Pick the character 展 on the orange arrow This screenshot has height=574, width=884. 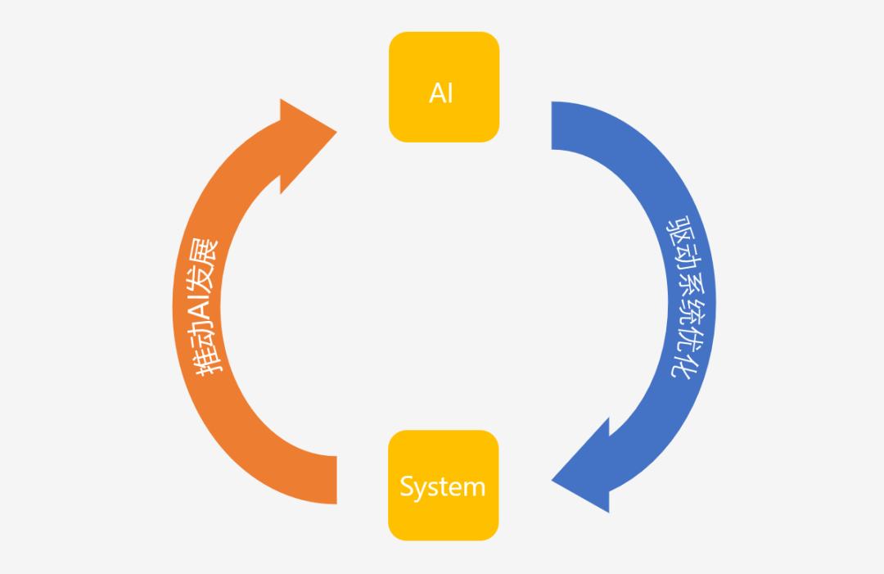coord(205,251)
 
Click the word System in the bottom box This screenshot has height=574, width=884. coord(443,487)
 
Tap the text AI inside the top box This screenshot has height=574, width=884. coord(441,93)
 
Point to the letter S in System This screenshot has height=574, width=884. coord(407,487)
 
